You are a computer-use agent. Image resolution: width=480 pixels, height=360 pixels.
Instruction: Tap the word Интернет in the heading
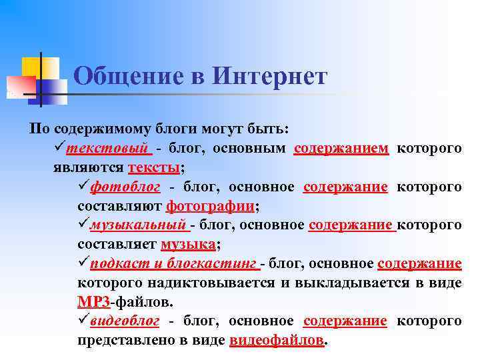[x=271, y=76]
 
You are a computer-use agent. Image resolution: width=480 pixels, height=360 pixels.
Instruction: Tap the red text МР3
[x=93, y=301]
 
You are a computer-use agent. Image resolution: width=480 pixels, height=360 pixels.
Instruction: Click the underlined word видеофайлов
[x=276, y=340]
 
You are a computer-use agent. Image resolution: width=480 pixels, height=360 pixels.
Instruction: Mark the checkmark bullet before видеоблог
[x=83, y=321]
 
